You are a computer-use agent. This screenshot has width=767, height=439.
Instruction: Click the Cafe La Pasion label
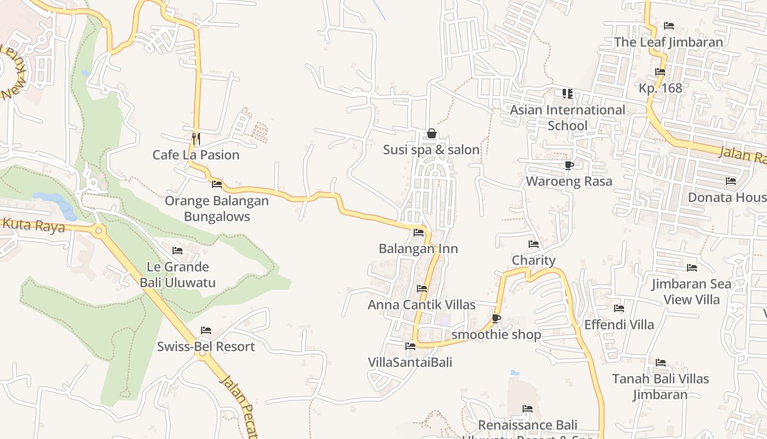tap(196, 155)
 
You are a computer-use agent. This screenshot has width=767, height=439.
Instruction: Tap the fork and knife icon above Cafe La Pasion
tap(196, 138)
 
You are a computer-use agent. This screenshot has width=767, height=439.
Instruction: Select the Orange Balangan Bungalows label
tap(217, 209)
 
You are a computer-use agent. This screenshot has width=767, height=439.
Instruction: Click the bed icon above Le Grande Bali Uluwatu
tap(178, 251)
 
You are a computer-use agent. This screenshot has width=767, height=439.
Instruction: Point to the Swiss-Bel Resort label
tap(206, 347)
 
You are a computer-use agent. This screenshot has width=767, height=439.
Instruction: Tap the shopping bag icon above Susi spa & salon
tap(432, 133)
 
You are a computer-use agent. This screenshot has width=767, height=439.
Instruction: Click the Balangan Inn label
tap(418, 249)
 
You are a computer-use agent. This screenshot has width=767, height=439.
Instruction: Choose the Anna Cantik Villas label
tap(421, 305)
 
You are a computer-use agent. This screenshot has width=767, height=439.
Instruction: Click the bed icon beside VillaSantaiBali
tap(410, 346)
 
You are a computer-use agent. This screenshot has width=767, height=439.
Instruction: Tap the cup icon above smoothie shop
tap(496, 318)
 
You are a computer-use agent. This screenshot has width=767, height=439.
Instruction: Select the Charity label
tap(534, 260)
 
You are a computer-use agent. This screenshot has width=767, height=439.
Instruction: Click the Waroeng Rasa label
tap(569, 181)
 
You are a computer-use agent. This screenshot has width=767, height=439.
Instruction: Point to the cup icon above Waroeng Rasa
tap(569, 165)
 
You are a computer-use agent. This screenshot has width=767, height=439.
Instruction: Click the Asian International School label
tap(568, 117)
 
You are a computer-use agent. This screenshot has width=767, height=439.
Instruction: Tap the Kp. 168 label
tap(660, 88)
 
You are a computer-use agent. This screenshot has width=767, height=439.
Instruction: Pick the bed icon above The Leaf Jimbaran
tap(668, 26)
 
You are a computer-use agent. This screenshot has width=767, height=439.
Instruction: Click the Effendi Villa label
tap(619, 324)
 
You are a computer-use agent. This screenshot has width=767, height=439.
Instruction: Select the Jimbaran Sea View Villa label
tap(691, 291)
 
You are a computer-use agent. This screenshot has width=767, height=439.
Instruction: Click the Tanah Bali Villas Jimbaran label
tap(660, 386)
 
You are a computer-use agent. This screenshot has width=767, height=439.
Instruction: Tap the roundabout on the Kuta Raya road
tap(99, 230)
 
